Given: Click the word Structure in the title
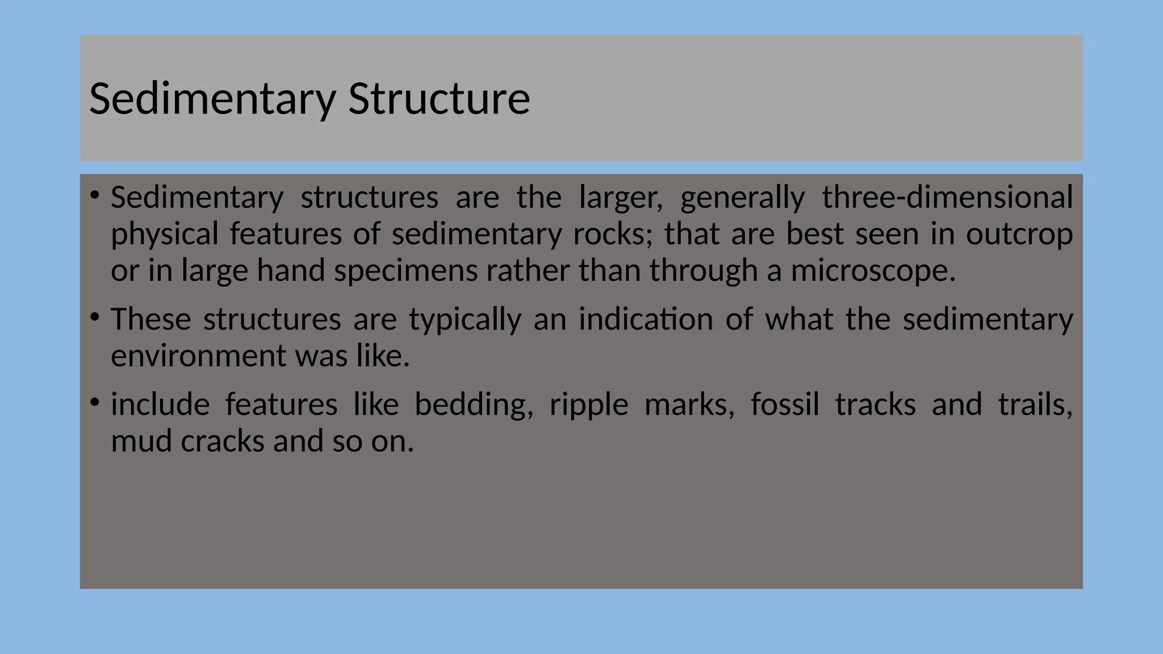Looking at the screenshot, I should coord(439,99).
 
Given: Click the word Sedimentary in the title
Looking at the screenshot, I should coord(213,99).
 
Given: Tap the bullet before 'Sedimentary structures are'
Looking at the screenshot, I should coord(95,196).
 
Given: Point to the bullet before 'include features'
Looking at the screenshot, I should coord(95,403).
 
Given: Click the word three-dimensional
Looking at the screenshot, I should coord(947,198).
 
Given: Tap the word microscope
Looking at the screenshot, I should coord(873,271).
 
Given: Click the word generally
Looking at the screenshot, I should coord(742,198).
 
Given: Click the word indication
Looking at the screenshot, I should coord(646,319).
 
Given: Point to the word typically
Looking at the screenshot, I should coord(465,319).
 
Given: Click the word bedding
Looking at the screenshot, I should coord(474,405).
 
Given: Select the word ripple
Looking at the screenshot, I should coord(589,405).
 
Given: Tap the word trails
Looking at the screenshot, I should coord(1035,405).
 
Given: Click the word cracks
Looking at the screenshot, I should coord(223,441).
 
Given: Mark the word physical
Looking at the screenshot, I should coord(165,234).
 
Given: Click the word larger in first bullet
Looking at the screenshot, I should coord(620,198).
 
